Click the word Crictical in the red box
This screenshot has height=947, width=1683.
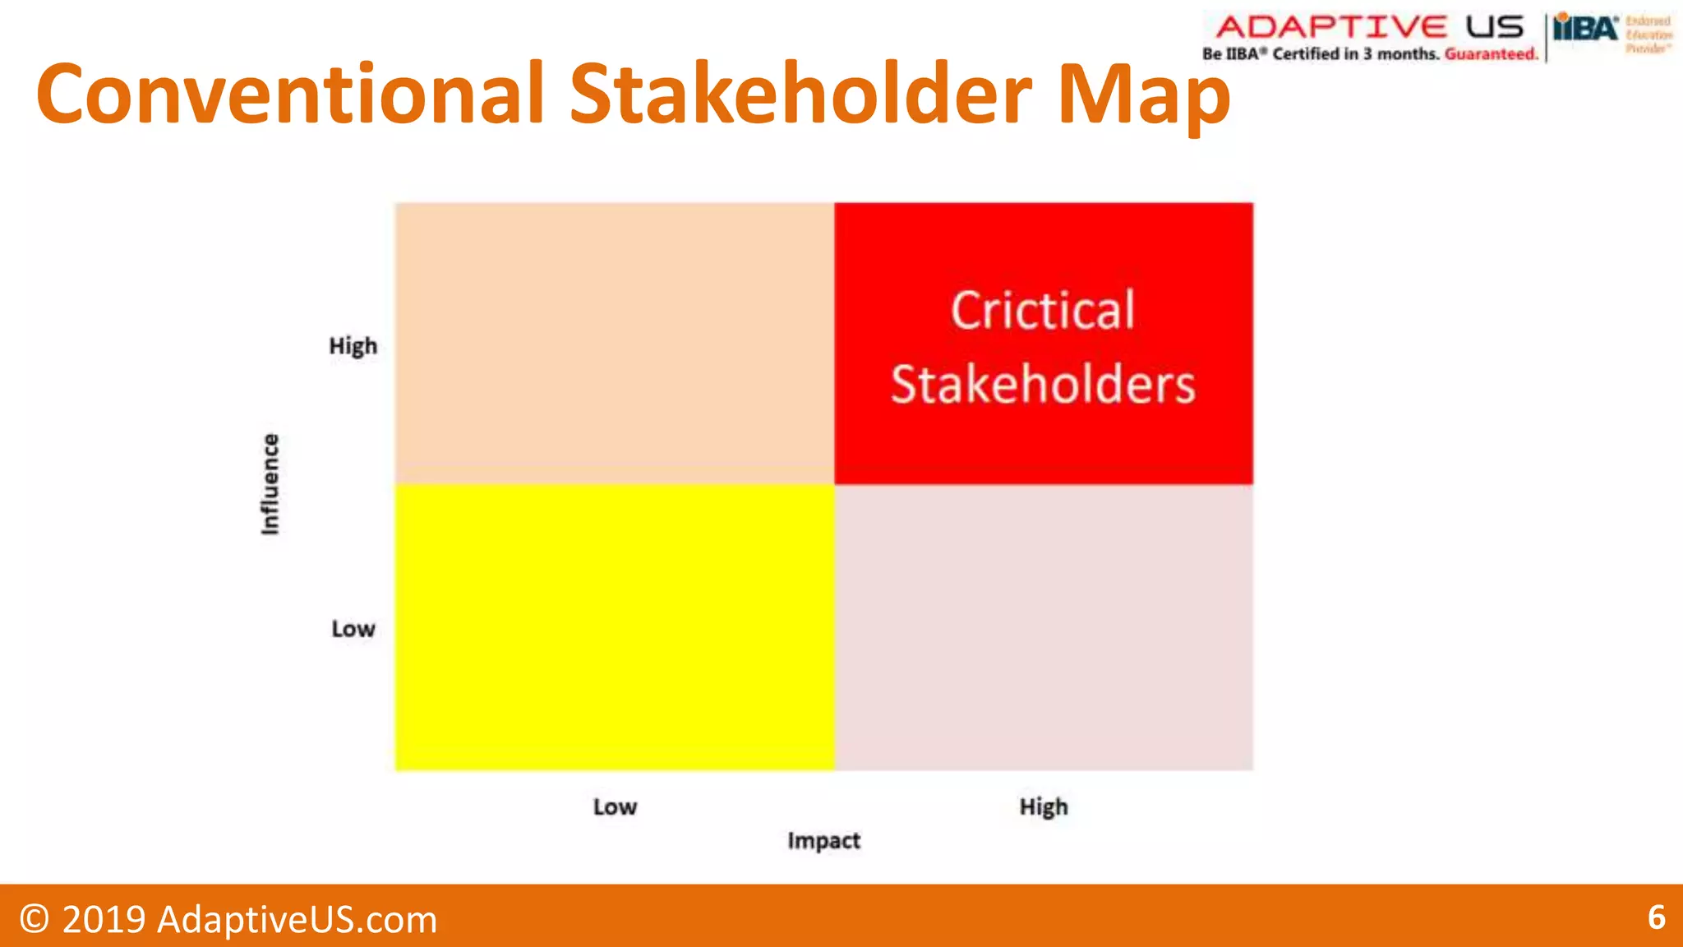click(x=1043, y=311)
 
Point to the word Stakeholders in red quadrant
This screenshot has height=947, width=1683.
click(x=1043, y=385)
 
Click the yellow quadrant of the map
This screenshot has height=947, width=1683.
click(x=615, y=626)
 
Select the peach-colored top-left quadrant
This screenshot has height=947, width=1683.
click(x=615, y=343)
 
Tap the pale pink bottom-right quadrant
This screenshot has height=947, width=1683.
click(x=1044, y=626)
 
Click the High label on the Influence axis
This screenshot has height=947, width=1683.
click(x=353, y=346)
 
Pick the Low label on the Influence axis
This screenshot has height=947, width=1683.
click(x=353, y=629)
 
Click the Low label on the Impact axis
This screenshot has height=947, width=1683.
click(x=615, y=807)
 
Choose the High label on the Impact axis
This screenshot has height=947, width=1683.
click(x=1044, y=807)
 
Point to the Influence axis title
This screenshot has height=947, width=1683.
click(x=270, y=484)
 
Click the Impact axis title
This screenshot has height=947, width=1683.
click(x=823, y=841)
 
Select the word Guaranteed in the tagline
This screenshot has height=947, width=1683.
click(x=1491, y=54)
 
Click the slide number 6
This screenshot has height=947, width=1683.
click(x=1656, y=917)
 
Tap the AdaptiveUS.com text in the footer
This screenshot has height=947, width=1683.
click(x=297, y=919)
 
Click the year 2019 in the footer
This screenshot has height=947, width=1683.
click(x=104, y=919)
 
